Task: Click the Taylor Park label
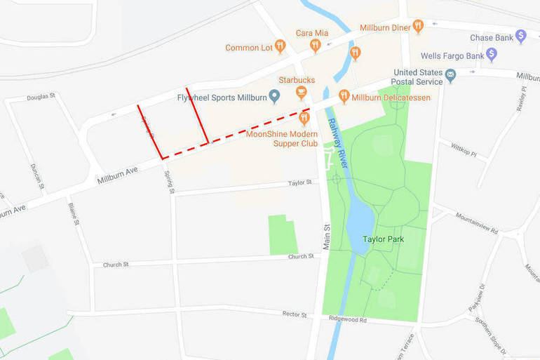tap(382, 239)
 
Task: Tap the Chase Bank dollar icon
tap(520, 36)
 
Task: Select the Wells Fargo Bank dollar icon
tap(492, 54)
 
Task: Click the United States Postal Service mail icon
tap(450, 74)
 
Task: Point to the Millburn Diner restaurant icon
tap(418, 27)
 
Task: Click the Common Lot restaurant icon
tap(280, 46)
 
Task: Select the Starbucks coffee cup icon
tap(301, 92)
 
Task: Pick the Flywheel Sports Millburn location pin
tap(275, 96)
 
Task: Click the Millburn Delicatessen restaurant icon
tap(344, 96)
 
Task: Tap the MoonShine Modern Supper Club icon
tap(304, 116)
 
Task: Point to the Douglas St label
tap(41, 97)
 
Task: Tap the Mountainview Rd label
tap(476, 224)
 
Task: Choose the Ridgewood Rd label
tap(348, 319)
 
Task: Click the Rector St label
tap(294, 314)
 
